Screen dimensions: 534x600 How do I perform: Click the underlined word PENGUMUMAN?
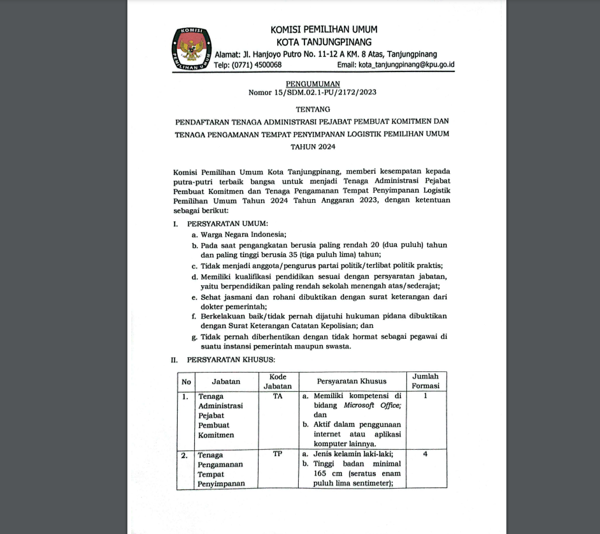pyautogui.click(x=313, y=84)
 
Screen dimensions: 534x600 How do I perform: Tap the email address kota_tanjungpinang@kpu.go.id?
pyautogui.click(x=396, y=65)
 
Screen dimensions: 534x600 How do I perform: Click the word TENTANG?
pyautogui.click(x=313, y=110)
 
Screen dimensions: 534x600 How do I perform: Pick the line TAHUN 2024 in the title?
pyautogui.click(x=313, y=147)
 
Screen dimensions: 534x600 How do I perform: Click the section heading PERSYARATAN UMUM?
pyautogui.click(x=227, y=224)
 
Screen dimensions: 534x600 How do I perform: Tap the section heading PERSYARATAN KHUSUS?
pyautogui.click(x=231, y=360)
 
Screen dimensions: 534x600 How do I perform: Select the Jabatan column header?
pyautogui.click(x=226, y=382)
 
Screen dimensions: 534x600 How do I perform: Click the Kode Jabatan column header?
pyautogui.click(x=278, y=382)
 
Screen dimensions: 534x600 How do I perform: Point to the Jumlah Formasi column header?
pyautogui.click(x=425, y=382)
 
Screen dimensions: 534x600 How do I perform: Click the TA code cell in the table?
pyautogui.click(x=278, y=396)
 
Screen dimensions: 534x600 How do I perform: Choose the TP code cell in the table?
pyautogui.click(x=278, y=455)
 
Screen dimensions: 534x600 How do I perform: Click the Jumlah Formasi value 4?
pyautogui.click(x=425, y=455)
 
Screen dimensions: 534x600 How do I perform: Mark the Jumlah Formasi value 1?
pyautogui.click(x=425, y=396)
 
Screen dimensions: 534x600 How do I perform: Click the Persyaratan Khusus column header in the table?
pyautogui.click(x=352, y=382)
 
